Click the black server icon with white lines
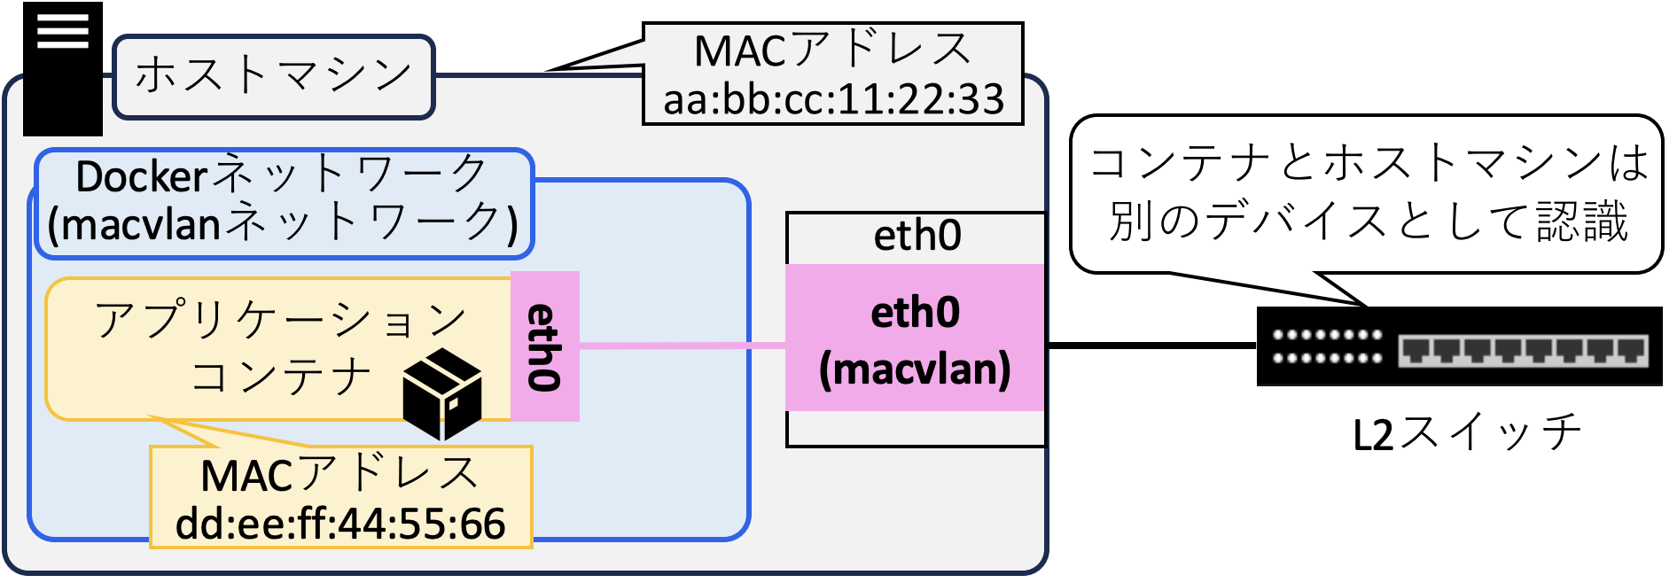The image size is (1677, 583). tap(62, 69)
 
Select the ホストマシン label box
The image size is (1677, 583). tap(273, 76)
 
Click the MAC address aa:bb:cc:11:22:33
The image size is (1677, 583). tap(833, 99)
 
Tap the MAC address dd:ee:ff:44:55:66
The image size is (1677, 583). tap(340, 524)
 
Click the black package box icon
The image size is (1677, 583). tap(442, 393)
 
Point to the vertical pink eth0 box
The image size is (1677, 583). tap(544, 346)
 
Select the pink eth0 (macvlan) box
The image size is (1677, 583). tap(915, 338)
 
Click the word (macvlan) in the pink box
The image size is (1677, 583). tap(915, 369)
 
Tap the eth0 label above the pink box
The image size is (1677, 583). tap(916, 236)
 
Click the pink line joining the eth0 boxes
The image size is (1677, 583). tap(682, 346)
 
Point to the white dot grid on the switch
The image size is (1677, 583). tap(1327, 346)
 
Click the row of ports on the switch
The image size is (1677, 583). tap(1522, 350)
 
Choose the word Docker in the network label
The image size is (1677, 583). tap(142, 176)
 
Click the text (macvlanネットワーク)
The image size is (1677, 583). tap(282, 223)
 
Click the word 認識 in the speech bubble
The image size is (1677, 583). tap(1582, 222)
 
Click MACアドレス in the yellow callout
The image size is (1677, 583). tap(340, 475)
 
